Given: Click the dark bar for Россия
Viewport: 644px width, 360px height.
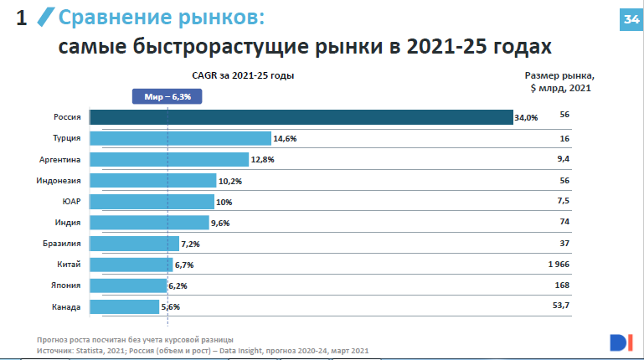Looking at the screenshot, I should [x=301, y=117].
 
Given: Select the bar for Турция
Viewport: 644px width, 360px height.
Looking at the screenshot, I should [x=180, y=138].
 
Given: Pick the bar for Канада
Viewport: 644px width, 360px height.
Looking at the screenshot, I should [x=124, y=306].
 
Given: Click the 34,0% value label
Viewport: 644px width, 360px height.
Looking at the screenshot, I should [x=526, y=118].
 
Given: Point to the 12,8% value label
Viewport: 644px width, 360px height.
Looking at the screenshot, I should [x=262, y=160].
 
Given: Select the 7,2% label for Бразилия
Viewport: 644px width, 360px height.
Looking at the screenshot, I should [x=190, y=244].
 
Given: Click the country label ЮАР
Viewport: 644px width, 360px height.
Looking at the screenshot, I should [x=71, y=202].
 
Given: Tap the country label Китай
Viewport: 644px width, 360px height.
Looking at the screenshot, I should [x=69, y=265].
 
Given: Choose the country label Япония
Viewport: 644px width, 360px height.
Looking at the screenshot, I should [x=66, y=285].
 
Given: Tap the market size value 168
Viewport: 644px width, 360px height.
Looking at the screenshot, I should [x=562, y=285].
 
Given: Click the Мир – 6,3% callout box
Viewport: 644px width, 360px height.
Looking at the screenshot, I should [x=167, y=97].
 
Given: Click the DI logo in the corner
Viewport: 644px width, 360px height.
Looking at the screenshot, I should [x=621, y=342].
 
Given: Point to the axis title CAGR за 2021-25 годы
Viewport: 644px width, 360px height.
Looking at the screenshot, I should [x=244, y=76].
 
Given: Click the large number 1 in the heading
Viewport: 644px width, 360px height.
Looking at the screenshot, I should [x=23, y=18].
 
